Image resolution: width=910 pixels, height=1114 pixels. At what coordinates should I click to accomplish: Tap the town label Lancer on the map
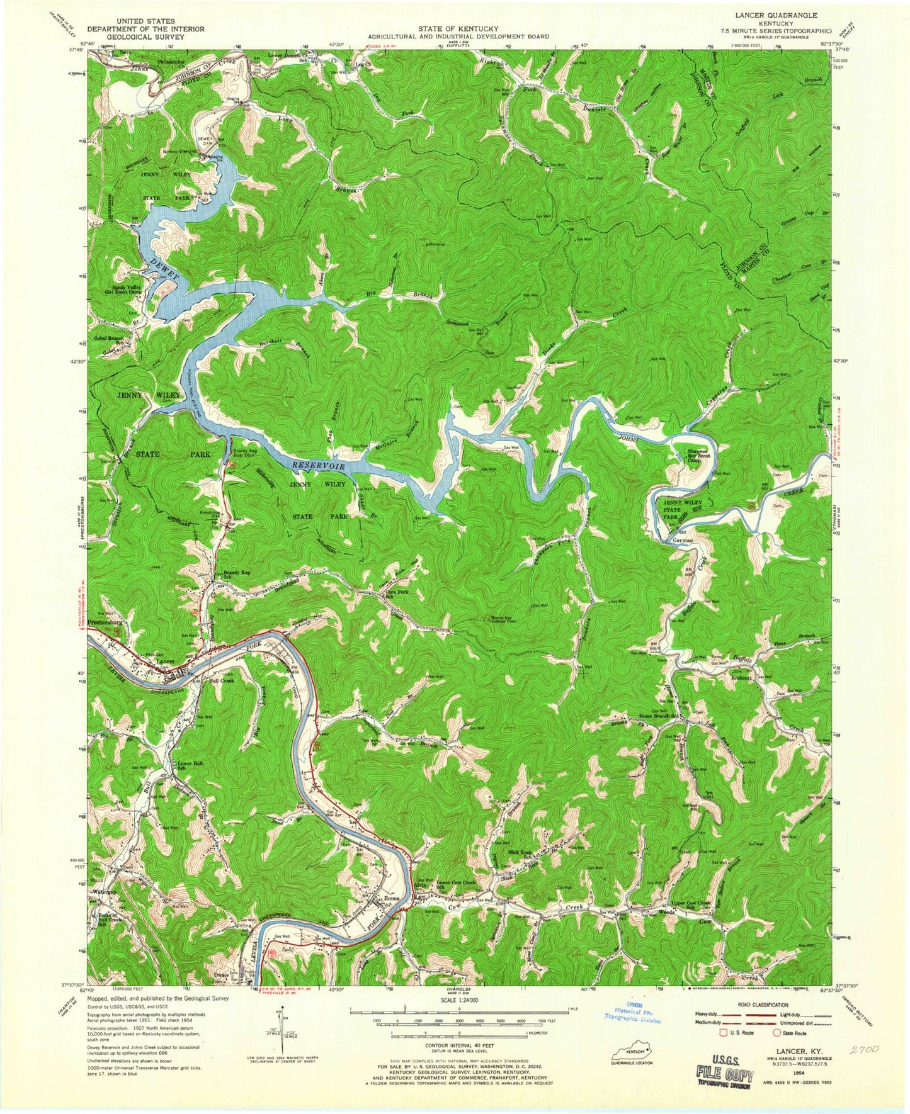click(x=166, y=662)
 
